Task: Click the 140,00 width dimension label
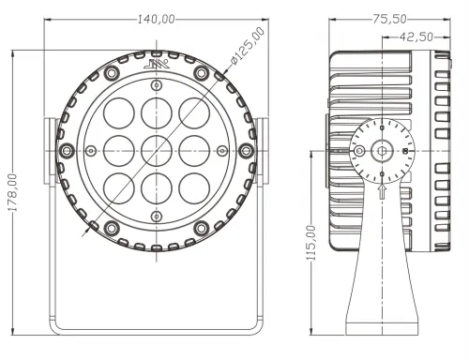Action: coord(156,20)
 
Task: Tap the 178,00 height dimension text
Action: coord(13,192)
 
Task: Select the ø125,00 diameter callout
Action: coord(248,46)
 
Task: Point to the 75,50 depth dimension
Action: coord(389,19)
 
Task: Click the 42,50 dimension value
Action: coord(416,37)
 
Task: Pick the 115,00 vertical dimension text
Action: coord(310,243)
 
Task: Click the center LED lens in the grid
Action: coord(157,151)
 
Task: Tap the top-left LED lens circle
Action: coord(119,113)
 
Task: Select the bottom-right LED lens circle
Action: coord(194,188)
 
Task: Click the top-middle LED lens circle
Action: coord(157,113)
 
